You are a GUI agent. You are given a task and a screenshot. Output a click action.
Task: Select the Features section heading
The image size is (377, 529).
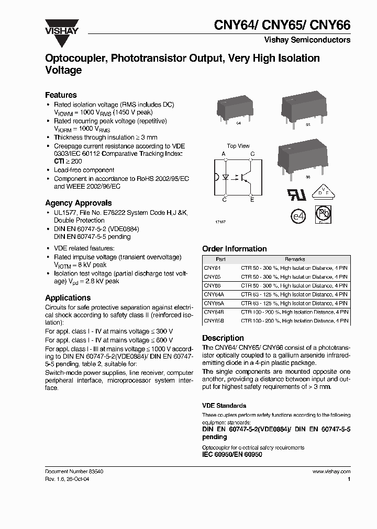(x=61, y=95)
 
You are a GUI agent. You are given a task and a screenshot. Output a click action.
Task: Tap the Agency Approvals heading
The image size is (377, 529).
(x=78, y=203)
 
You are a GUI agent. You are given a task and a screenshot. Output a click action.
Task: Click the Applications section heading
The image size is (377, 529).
(x=68, y=298)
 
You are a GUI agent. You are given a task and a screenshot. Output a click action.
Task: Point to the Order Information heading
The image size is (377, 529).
(x=234, y=249)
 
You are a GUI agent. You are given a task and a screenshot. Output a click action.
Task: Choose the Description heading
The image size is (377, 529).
(x=223, y=338)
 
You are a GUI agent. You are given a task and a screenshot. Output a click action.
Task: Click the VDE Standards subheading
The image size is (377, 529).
(x=224, y=406)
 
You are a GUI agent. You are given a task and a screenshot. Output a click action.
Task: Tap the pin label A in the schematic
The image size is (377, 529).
(x=224, y=154)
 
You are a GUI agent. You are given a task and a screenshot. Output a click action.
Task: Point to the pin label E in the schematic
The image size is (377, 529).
(x=252, y=200)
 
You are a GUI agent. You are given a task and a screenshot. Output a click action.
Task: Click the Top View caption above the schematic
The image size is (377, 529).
(x=238, y=146)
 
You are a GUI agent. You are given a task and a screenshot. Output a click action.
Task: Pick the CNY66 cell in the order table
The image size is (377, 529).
(x=212, y=285)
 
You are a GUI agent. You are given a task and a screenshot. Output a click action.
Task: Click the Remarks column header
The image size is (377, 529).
(x=294, y=259)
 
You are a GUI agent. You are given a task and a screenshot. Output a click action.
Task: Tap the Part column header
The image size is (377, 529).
(x=220, y=259)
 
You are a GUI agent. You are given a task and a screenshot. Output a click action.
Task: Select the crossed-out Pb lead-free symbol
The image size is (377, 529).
(x=323, y=214)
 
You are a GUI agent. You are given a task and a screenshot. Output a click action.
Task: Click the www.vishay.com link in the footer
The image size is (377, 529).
(x=331, y=471)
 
